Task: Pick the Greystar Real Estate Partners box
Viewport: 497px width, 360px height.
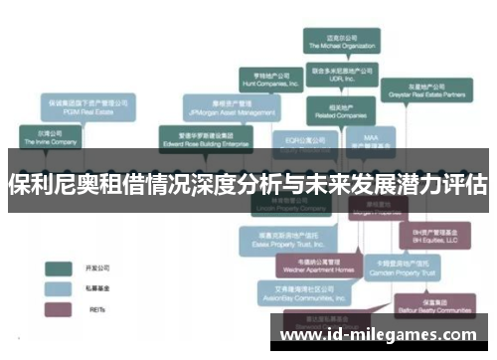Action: tap(426, 90)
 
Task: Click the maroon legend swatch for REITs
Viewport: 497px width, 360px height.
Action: tap(59, 309)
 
